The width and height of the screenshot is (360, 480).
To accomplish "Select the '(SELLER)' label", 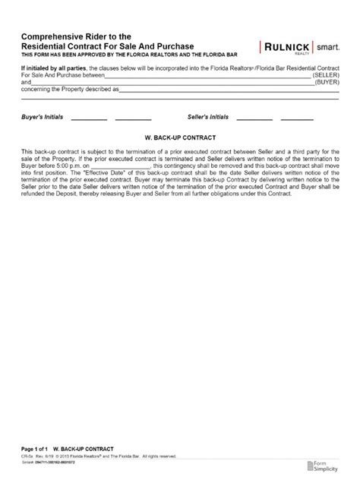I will (325, 76).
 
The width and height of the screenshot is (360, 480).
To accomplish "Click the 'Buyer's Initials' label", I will (43, 118).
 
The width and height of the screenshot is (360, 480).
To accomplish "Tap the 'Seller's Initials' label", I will (207, 118).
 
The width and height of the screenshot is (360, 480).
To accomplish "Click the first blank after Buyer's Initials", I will (88, 119).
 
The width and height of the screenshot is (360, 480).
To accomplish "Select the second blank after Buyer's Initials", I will (133, 119).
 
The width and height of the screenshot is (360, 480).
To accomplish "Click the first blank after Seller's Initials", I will (254, 119).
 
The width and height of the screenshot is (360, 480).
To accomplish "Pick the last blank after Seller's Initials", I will (297, 119).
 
